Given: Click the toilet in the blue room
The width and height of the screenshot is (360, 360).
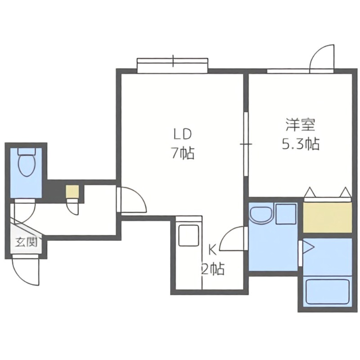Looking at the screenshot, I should (27, 163).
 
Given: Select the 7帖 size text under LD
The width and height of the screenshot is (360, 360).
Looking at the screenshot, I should (182, 154).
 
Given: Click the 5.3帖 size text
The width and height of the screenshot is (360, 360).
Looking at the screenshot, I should (300, 144).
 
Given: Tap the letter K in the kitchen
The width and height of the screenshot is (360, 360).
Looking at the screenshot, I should (212, 249).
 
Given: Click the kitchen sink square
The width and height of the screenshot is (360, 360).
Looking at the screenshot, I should (189, 235).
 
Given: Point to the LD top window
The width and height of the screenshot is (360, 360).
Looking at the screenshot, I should (172, 65).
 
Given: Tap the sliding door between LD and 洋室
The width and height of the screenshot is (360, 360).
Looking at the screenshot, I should (246, 144).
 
